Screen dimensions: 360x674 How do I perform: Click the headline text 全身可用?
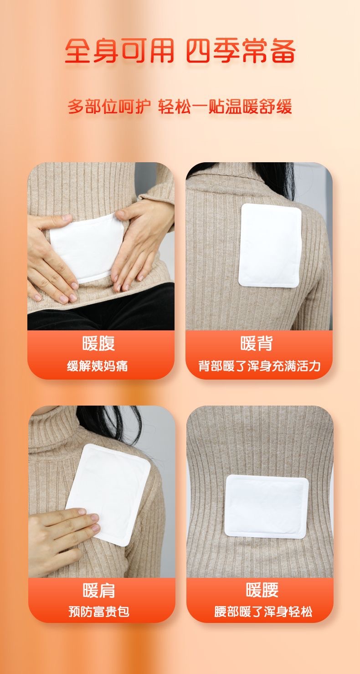[x=119, y=51]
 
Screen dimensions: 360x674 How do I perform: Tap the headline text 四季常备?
[x=241, y=51]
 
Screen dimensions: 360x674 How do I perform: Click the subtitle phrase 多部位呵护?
[x=109, y=107]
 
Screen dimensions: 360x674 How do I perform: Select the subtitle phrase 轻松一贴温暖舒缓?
[x=225, y=107]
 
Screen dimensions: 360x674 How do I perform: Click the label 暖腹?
[x=99, y=343]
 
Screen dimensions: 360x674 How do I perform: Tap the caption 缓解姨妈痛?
[x=97, y=366]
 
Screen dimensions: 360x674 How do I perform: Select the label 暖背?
[x=257, y=343]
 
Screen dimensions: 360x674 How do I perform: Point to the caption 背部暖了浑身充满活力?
[x=259, y=366]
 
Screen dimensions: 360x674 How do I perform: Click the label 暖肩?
[x=99, y=590]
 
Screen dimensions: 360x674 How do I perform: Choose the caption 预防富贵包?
[x=99, y=612]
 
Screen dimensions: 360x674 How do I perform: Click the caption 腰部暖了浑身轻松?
[x=263, y=612]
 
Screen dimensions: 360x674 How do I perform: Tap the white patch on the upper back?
[x=270, y=245]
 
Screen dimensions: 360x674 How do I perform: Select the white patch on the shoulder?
[x=108, y=495]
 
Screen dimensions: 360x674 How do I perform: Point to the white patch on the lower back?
[x=267, y=507]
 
